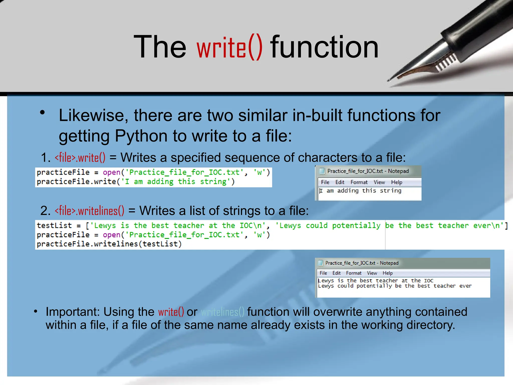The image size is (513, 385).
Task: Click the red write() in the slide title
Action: (229, 48)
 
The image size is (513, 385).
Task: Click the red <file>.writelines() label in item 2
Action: (89, 211)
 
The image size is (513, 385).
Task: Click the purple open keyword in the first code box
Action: (111, 172)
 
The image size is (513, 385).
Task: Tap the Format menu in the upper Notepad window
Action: (359, 182)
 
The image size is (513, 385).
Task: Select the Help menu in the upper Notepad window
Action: (397, 182)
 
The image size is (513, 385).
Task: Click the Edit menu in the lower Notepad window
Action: (336, 273)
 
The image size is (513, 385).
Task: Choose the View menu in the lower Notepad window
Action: (372, 273)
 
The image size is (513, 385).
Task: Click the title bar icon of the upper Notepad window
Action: (322, 171)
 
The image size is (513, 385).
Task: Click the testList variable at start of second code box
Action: (54, 226)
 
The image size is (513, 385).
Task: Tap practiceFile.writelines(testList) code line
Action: (109, 244)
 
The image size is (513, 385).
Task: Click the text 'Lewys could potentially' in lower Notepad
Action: (355, 286)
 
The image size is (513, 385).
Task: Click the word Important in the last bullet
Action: (73, 312)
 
